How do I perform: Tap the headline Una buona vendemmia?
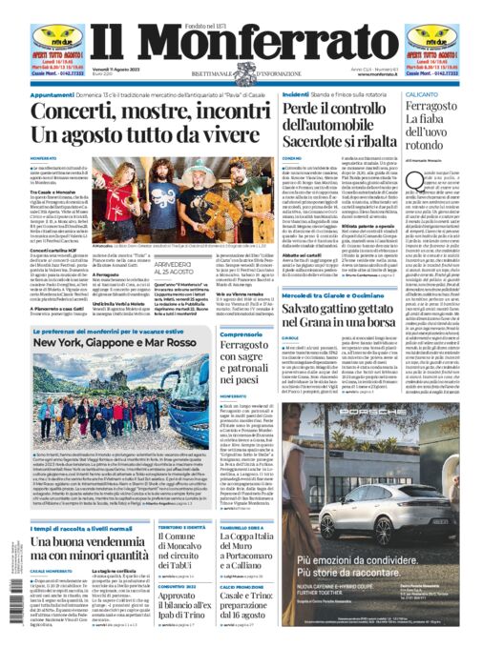(x=82, y=540)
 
